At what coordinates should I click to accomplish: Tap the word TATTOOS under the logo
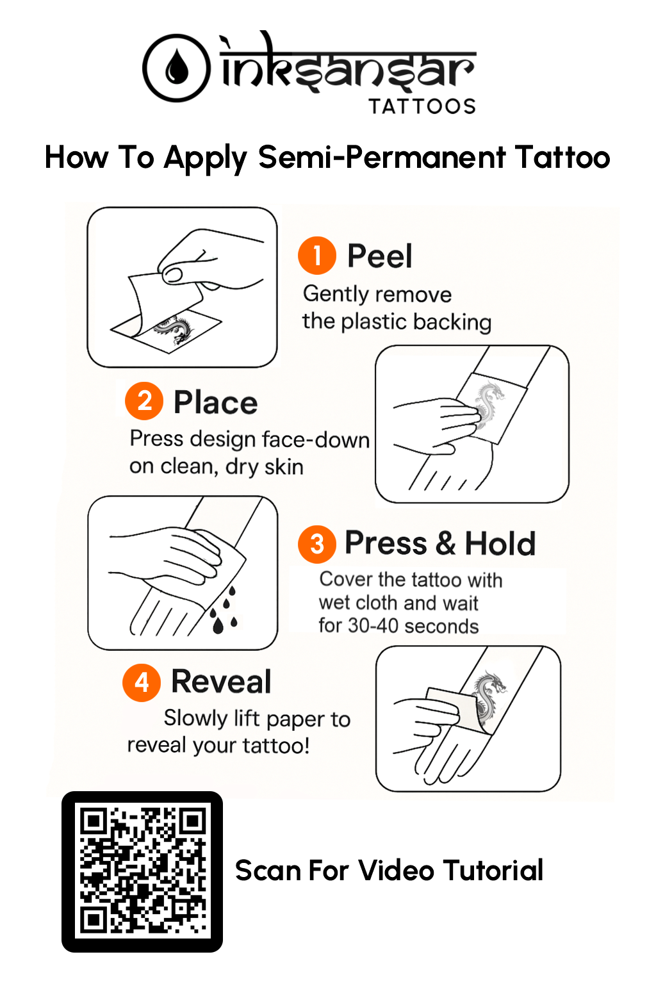tap(422, 106)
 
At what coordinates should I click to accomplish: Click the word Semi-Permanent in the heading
tap(382, 157)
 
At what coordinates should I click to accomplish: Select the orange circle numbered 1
tap(317, 255)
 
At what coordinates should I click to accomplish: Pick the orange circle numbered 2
tap(144, 400)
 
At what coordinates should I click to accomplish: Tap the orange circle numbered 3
tap(317, 544)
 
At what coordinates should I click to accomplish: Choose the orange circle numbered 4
tap(142, 682)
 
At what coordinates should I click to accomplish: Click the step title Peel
tap(380, 256)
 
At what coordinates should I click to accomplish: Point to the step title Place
tap(216, 402)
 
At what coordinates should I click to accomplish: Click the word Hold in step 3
tap(500, 543)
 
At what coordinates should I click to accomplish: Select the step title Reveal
tap(221, 682)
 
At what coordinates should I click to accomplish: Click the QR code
tap(142, 871)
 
